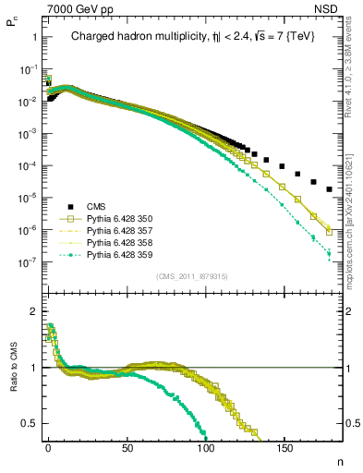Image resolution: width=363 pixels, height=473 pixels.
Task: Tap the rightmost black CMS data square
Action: pos(330,189)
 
